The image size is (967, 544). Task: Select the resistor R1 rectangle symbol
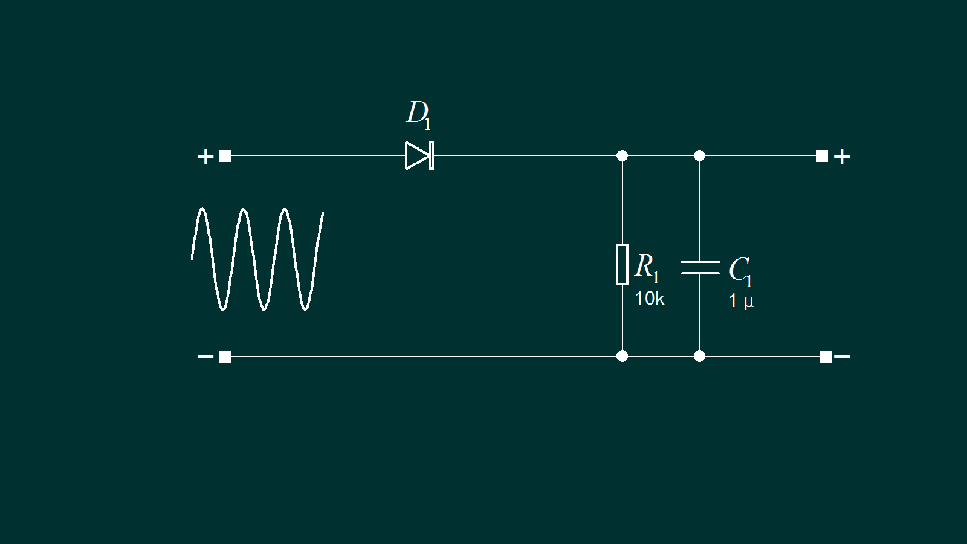click(x=622, y=264)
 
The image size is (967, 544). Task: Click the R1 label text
click(x=646, y=268)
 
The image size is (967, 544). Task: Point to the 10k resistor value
click(x=649, y=299)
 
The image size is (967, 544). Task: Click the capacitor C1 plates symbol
click(x=700, y=268)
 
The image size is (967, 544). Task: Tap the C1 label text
click(x=740, y=271)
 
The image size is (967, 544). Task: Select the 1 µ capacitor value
click(x=741, y=301)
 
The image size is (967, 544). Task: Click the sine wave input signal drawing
click(x=257, y=259)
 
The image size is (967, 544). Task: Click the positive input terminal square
click(x=225, y=156)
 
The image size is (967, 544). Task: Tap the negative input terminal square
click(x=225, y=357)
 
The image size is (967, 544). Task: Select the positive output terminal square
click(x=822, y=156)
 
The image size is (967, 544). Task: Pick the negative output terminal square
click(x=826, y=357)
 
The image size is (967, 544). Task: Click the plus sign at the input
click(x=205, y=157)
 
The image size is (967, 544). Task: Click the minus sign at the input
click(x=205, y=357)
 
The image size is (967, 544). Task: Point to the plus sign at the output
click(x=842, y=157)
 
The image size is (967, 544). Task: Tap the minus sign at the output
click(x=842, y=357)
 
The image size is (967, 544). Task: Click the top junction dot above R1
click(x=622, y=156)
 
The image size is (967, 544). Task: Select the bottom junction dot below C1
click(x=699, y=356)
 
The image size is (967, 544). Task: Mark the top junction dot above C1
click(x=699, y=156)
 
